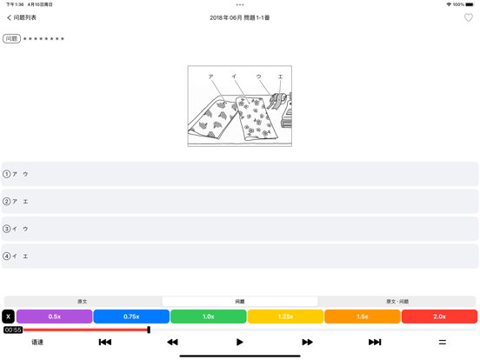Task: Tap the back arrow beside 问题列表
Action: click(9, 17)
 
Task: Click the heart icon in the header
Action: click(469, 17)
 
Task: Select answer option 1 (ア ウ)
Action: click(240, 174)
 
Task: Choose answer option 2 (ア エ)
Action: click(240, 202)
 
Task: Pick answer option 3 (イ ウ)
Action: click(240, 229)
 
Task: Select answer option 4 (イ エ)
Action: click(240, 257)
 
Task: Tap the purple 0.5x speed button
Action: click(55, 317)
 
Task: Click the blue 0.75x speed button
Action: click(131, 317)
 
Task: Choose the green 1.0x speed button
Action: click(209, 317)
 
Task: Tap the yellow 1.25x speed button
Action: click(285, 317)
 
